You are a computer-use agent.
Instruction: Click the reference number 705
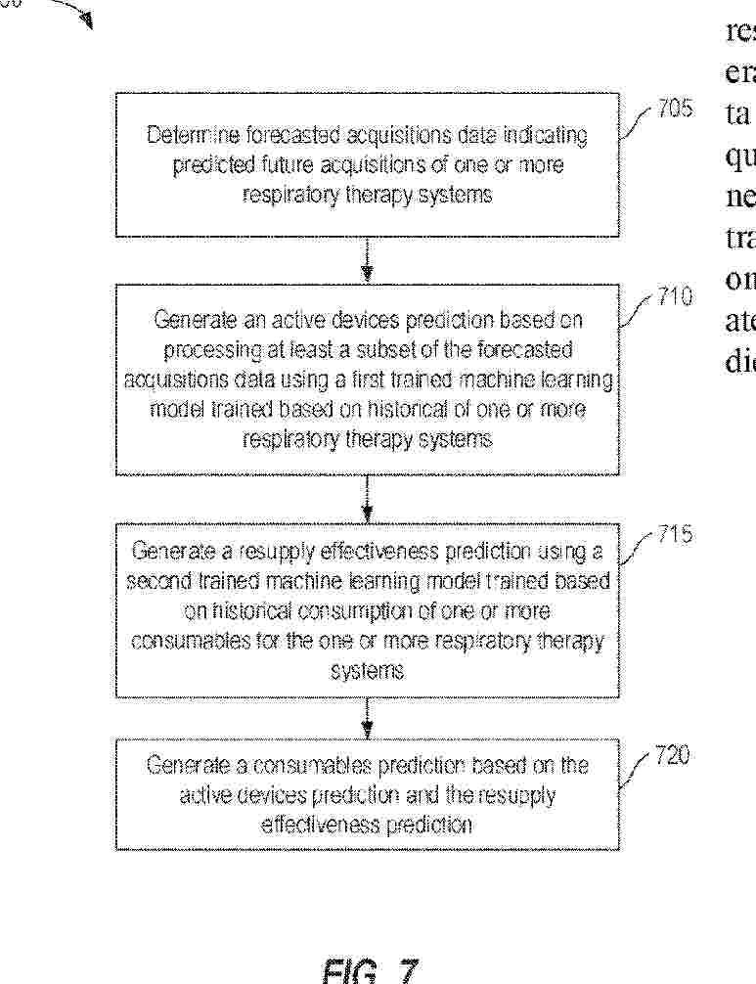675,111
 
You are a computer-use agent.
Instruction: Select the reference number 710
675,296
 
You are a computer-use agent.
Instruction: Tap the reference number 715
674,535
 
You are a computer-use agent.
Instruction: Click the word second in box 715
156,582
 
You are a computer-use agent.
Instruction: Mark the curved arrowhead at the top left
86,19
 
